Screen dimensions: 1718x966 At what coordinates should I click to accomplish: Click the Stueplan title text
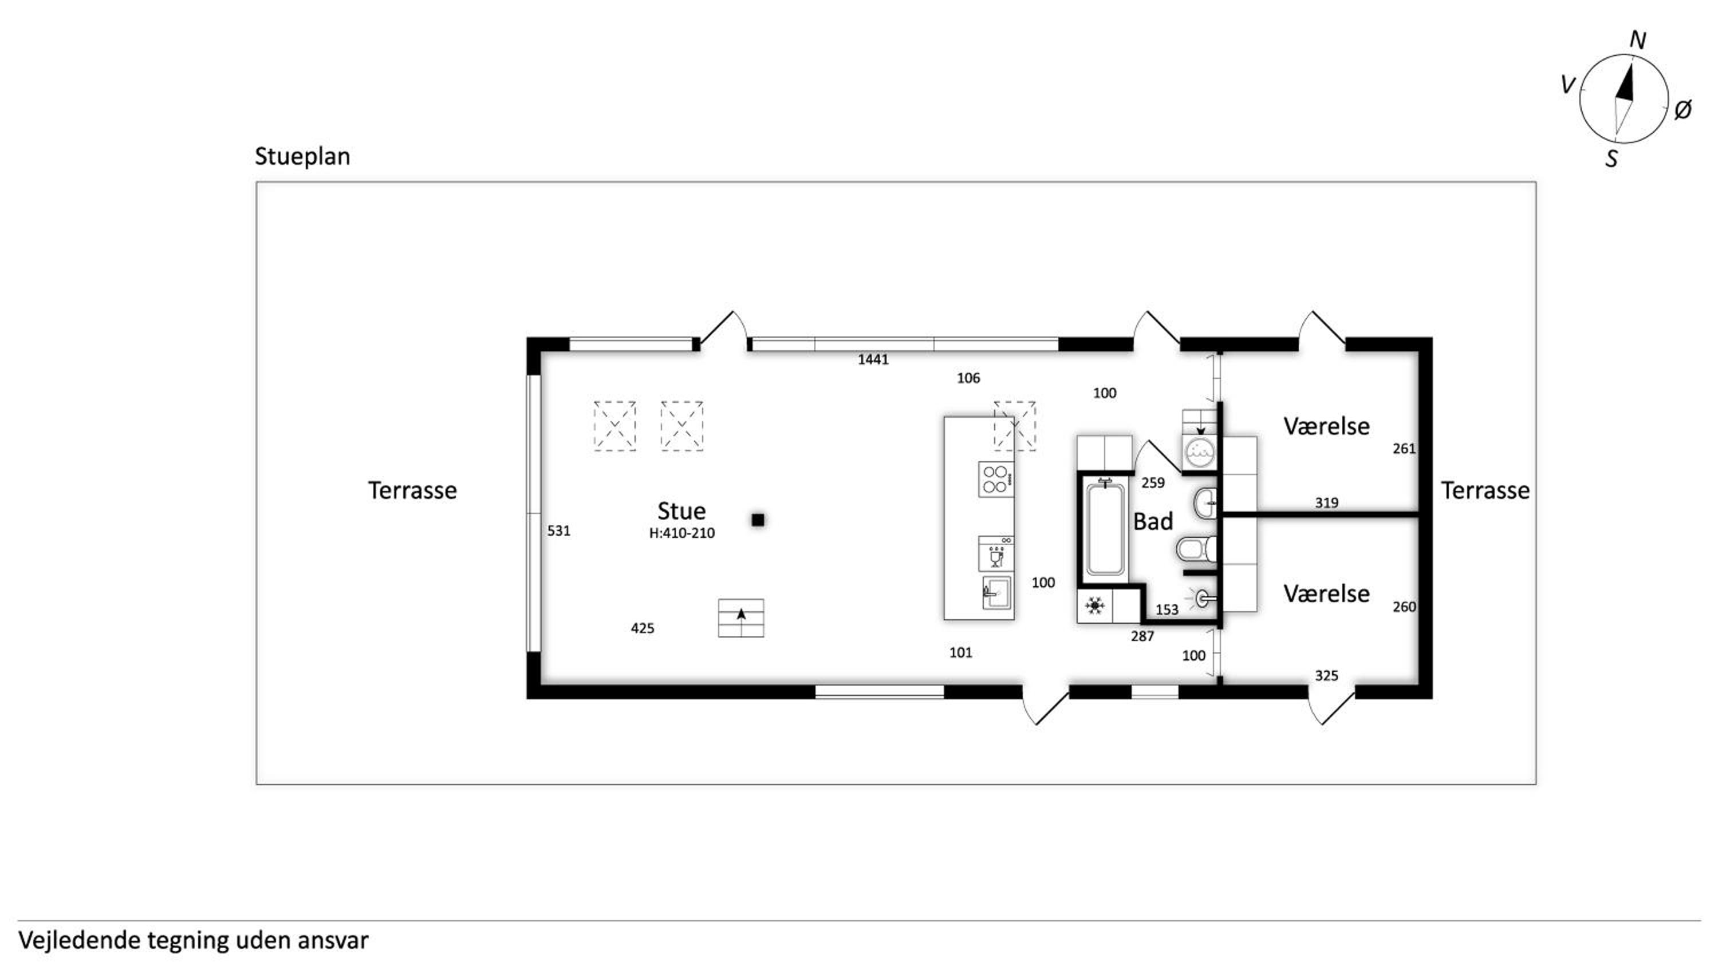click(302, 157)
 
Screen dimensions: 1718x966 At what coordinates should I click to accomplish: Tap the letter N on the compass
click(1637, 41)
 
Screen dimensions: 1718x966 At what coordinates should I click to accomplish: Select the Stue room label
click(681, 510)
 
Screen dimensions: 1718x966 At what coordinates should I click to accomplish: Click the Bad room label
click(1152, 521)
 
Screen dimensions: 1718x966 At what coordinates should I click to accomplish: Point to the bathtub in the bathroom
click(1105, 528)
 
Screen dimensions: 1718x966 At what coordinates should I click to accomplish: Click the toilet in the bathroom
click(1196, 549)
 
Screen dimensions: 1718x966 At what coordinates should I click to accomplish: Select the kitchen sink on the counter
click(997, 592)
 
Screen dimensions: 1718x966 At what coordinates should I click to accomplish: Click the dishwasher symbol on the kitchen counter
click(996, 553)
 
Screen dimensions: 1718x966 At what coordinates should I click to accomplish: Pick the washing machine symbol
click(1200, 452)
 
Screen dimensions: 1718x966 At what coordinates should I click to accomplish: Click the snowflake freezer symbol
click(1094, 605)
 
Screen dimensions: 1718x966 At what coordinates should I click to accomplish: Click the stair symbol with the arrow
click(741, 618)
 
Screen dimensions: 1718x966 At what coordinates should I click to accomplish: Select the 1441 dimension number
click(873, 360)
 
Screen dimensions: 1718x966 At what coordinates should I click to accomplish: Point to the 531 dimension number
click(559, 530)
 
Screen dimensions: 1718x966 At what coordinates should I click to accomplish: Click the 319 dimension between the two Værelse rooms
click(1326, 502)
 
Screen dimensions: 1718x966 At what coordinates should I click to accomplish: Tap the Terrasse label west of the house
click(412, 490)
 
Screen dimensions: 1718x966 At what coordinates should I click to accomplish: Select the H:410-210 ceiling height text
click(681, 533)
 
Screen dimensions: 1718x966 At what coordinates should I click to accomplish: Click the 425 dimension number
click(643, 628)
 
